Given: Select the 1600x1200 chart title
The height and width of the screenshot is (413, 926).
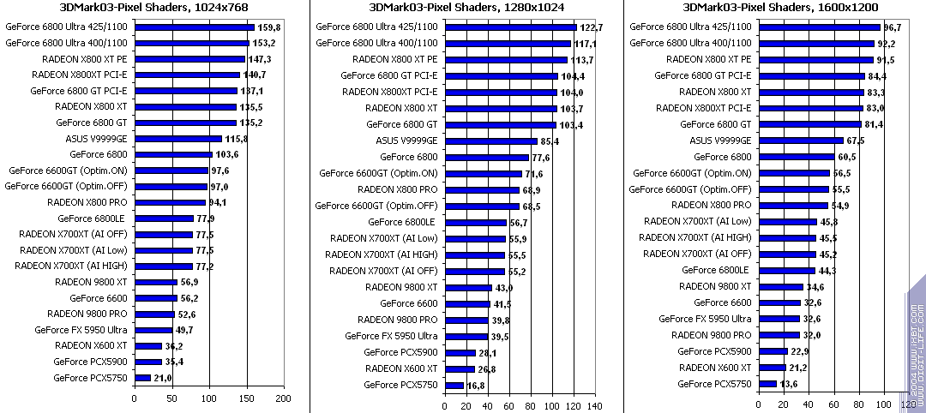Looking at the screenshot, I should point(773,9).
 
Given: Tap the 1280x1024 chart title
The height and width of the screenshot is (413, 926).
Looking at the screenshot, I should point(463,9).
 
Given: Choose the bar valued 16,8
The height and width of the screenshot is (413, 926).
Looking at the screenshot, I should point(454,385).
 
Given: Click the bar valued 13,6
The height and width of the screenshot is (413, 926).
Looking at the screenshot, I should point(767,383).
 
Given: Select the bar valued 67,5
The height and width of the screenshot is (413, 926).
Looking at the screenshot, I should point(801,140).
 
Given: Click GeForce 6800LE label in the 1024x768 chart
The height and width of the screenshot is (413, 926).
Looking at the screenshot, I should point(99,218).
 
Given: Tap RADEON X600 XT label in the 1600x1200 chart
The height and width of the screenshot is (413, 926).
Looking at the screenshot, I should point(715,367).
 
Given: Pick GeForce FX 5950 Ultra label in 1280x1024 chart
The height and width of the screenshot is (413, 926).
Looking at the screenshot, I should point(392,336).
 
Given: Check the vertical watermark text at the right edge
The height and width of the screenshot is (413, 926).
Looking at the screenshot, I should point(915,343).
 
